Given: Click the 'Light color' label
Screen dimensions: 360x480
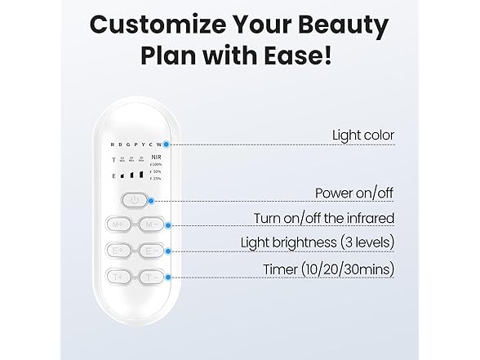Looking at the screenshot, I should click(x=363, y=135).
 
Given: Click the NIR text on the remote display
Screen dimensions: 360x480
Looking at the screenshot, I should click(x=158, y=158).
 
